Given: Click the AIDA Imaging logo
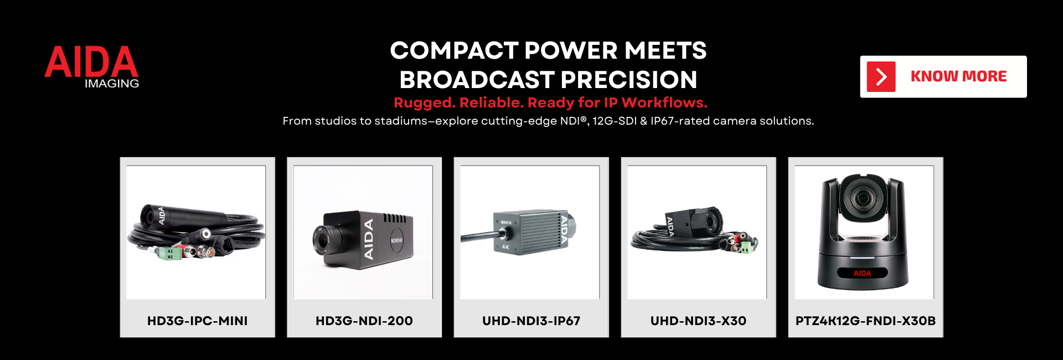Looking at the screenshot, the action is coord(91,67).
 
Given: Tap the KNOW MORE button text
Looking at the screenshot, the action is coord(958,76).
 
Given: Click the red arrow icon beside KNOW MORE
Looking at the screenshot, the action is coord(881,77).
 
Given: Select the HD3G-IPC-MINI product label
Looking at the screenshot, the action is coord(197,321).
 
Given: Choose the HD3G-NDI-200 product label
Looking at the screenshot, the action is coord(364,321).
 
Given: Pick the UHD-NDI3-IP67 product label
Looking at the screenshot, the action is coord(531,321).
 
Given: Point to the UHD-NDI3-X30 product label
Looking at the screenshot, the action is coord(698,321).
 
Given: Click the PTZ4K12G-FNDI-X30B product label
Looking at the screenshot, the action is coord(865,321).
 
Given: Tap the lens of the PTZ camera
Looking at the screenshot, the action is coord(862,198).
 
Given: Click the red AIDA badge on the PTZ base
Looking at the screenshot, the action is coord(862,273).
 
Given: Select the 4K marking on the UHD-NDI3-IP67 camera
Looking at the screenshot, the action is coord(505,247).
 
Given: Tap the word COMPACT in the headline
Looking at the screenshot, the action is coord(454,51).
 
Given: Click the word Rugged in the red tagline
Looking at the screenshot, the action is coord(424,103).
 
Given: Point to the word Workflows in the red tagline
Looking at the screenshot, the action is coord(664,102).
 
